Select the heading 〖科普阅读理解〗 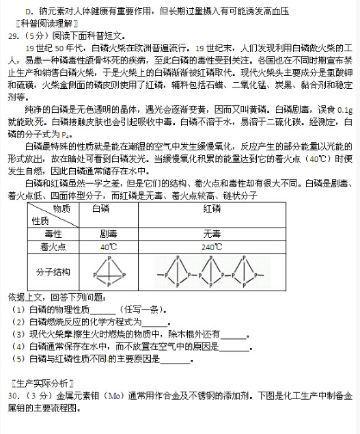pyautogui.click(x=38, y=23)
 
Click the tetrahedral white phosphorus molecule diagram pyautogui.click(x=109, y=271)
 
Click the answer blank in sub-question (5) pyautogui.click(x=171, y=359)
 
